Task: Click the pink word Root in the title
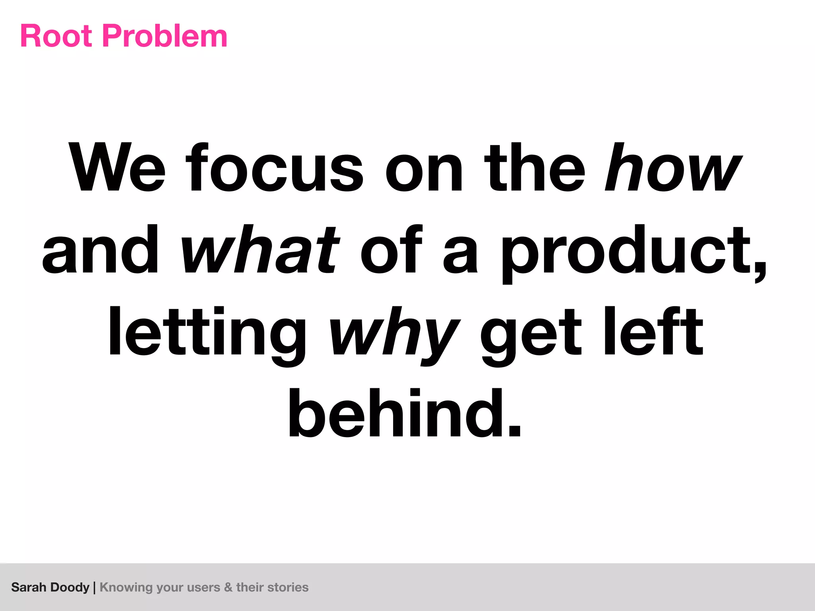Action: pyautogui.click(x=56, y=36)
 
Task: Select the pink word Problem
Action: pyautogui.click(x=165, y=36)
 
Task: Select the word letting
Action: pyautogui.click(x=207, y=332)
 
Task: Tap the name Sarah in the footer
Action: pyautogui.click(x=29, y=588)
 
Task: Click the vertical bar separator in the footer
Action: pyautogui.click(x=94, y=588)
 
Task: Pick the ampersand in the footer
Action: pyautogui.click(x=228, y=588)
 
